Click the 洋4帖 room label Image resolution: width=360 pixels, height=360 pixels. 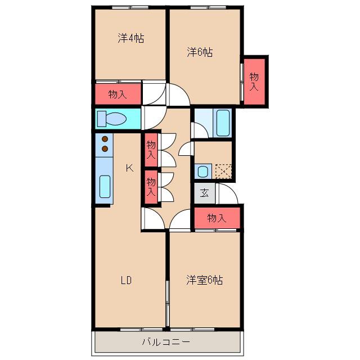point(131,38)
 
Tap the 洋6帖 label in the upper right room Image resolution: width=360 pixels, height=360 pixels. point(200,52)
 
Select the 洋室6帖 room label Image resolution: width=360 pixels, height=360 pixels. point(204,280)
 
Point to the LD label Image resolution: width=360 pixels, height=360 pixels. point(126,280)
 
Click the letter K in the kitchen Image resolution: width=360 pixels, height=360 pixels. point(129,168)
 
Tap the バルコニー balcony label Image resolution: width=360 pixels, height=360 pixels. point(166,342)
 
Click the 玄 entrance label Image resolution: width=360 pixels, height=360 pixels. point(204,193)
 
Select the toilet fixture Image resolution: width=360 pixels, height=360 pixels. point(112,119)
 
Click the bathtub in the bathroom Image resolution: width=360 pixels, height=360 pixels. point(223,123)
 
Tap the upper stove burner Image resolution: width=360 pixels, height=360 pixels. point(105,139)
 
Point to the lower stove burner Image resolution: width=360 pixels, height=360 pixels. point(105,148)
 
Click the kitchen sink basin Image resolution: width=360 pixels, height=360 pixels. point(105,186)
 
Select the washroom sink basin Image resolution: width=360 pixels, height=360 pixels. point(202,171)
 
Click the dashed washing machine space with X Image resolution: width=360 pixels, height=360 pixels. point(223,171)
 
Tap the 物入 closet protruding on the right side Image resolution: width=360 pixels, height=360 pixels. point(254,82)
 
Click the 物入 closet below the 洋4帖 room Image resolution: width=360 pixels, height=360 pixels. point(118,94)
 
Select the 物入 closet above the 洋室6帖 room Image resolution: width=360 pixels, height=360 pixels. point(217,218)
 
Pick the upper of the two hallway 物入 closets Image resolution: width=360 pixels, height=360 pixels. point(151,150)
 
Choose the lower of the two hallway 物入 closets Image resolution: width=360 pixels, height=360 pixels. point(151,187)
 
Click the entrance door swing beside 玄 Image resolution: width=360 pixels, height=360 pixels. point(227,193)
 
